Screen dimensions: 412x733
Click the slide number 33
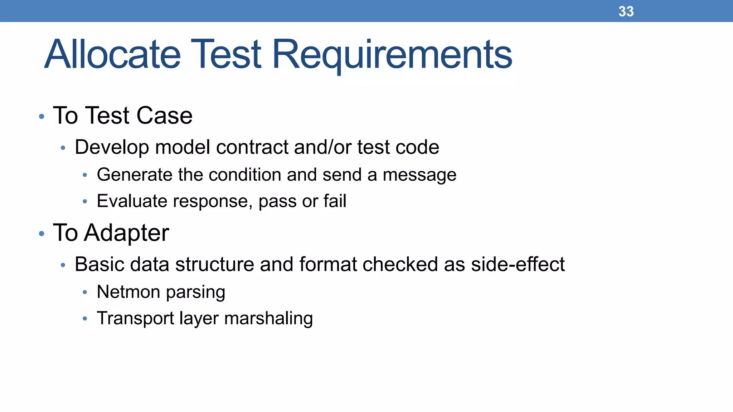[626, 11]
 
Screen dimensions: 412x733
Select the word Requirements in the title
[392, 54]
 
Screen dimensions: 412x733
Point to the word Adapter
[126, 233]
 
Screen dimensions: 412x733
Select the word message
[419, 175]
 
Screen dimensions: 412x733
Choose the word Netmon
[128, 292]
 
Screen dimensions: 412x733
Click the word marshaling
[268, 318]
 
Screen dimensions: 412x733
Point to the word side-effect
[518, 264]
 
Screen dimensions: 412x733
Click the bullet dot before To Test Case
[42, 116]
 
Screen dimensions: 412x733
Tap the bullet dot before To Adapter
[42, 234]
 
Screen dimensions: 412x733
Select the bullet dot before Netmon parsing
[85, 293]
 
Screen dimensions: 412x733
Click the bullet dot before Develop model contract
[63, 148]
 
